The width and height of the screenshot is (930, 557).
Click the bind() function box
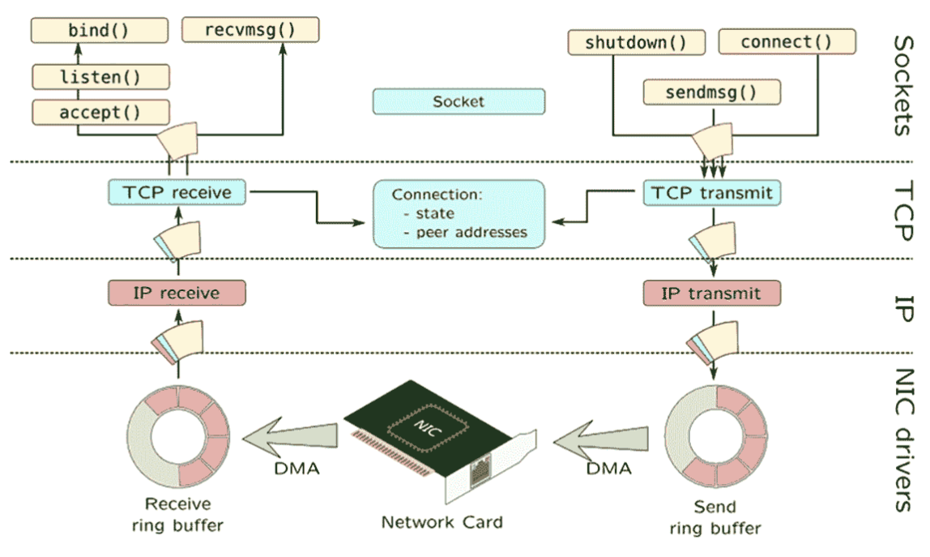[99, 30]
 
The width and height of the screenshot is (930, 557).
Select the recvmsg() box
[250, 30]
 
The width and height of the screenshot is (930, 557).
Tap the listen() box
[100, 77]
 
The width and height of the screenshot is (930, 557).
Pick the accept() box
[100, 112]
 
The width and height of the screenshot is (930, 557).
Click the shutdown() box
[637, 42]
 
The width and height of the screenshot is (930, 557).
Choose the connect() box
[787, 41]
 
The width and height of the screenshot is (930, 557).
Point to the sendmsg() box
[712, 92]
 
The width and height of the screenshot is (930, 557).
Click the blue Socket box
[459, 101]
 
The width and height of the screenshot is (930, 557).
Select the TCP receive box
[177, 192]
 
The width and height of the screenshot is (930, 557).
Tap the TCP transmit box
[712, 193]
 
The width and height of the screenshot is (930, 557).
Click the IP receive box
[177, 293]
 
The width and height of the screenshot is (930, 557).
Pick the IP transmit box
[712, 293]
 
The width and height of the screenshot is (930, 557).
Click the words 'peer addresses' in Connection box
[471, 232]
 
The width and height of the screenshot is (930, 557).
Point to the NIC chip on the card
[427, 426]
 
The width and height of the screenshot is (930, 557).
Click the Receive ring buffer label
[178, 514]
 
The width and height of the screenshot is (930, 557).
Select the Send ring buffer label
[715, 517]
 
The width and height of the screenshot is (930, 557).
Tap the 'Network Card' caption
[442, 522]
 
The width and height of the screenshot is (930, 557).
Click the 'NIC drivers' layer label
[904, 440]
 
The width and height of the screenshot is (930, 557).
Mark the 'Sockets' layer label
[903, 85]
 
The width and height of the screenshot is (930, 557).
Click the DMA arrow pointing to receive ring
[291, 439]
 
